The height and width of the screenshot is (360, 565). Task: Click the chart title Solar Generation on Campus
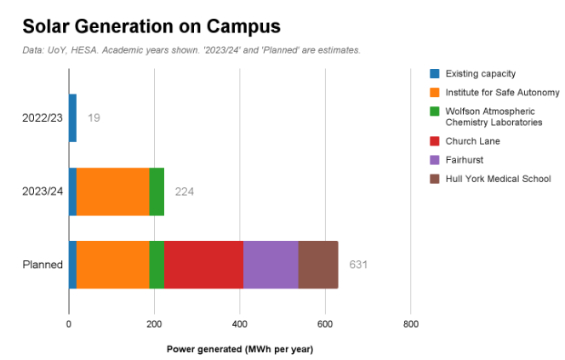coord(151,26)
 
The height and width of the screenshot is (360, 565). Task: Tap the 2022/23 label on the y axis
coord(43,117)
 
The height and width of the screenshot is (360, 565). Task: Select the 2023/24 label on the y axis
coord(43,191)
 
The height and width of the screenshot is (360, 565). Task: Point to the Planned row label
coord(43,265)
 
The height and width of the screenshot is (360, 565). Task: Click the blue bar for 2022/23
coord(72,117)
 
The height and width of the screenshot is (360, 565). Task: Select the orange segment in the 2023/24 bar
coord(112,191)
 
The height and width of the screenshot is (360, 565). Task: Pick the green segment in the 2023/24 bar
coord(157,191)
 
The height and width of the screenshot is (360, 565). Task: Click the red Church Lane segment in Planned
coord(203,265)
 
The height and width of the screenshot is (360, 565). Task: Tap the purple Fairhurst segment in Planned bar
coord(271,265)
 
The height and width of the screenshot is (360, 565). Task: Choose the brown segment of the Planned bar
coord(318,265)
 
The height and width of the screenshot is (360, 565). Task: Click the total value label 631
coord(358,265)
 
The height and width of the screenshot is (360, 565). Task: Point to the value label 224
coord(185,191)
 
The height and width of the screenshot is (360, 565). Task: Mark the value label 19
coord(94,117)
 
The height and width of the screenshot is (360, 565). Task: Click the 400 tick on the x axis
coord(239,324)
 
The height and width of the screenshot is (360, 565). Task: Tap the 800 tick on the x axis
coord(410,324)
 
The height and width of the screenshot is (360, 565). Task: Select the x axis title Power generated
coord(239,349)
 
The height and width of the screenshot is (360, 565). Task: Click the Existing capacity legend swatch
coord(435,74)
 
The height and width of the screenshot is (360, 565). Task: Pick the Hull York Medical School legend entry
coord(498,179)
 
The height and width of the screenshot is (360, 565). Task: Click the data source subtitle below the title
coord(191,50)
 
